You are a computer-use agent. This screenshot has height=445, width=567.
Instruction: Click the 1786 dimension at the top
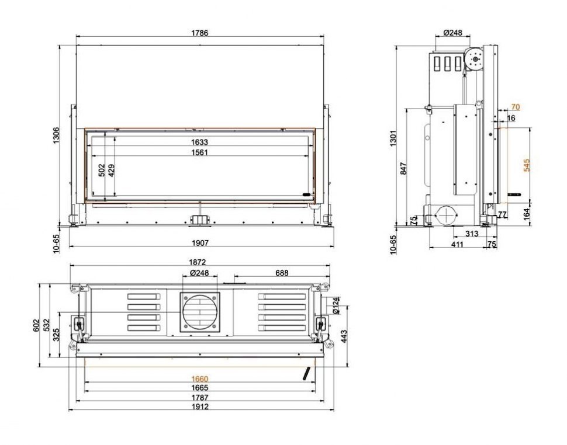click(200, 33)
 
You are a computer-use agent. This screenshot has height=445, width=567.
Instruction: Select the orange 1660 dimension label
click(199, 379)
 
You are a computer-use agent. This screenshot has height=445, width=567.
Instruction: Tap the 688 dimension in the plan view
click(282, 273)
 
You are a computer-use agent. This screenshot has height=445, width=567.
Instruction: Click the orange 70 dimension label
click(515, 107)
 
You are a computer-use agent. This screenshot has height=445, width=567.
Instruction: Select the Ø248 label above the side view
click(453, 33)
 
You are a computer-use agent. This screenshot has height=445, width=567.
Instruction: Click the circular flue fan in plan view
click(200, 311)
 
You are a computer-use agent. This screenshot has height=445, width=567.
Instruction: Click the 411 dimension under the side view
click(457, 244)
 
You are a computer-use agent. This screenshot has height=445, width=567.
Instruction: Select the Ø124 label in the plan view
click(336, 305)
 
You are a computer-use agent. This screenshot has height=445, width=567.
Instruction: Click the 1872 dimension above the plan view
click(199, 263)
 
